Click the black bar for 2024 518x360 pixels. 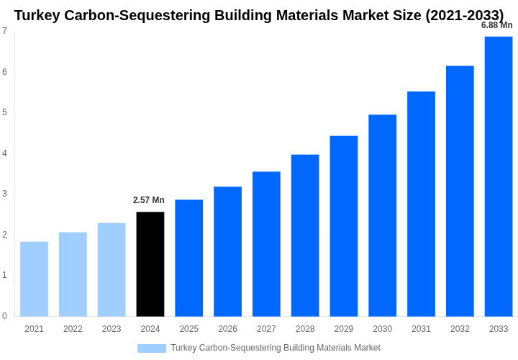point(150,264)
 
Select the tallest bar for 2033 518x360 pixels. point(499,176)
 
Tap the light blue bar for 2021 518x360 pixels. point(34,279)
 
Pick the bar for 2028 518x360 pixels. point(305,235)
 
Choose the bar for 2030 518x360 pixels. point(382,215)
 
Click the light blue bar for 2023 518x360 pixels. point(112,269)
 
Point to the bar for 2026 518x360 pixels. point(227,251)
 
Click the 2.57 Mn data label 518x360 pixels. point(149,200)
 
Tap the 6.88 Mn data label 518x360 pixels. point(497,25)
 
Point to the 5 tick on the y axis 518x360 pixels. point(4,112)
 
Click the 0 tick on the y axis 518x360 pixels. point(4,316)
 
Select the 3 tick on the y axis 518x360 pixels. point(4,194)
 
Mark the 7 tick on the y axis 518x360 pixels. point(4,31)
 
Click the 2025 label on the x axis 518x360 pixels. point(189,329)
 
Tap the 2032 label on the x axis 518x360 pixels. point(460,329)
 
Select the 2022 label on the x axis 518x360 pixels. point(73,329)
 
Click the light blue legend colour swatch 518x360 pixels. point(152,348)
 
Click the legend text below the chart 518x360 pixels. point(276,348)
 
